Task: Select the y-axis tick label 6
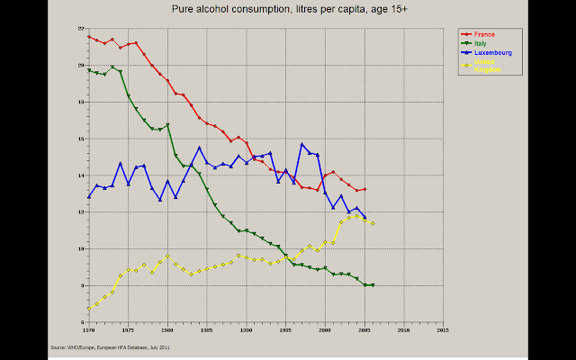click(81, 322)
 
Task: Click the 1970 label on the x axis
click(88, 330)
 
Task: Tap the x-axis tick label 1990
click(246, 330)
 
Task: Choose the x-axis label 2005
click(364, 330)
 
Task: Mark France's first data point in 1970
click(89, 37)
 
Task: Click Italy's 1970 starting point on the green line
click(89, 70)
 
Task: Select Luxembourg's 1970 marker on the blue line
click(89, 196)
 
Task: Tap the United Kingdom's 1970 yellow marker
click(89, 308)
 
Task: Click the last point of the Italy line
click(373, 284)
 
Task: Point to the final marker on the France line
click(364, 189)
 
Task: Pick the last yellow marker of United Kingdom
click(373, 223)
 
